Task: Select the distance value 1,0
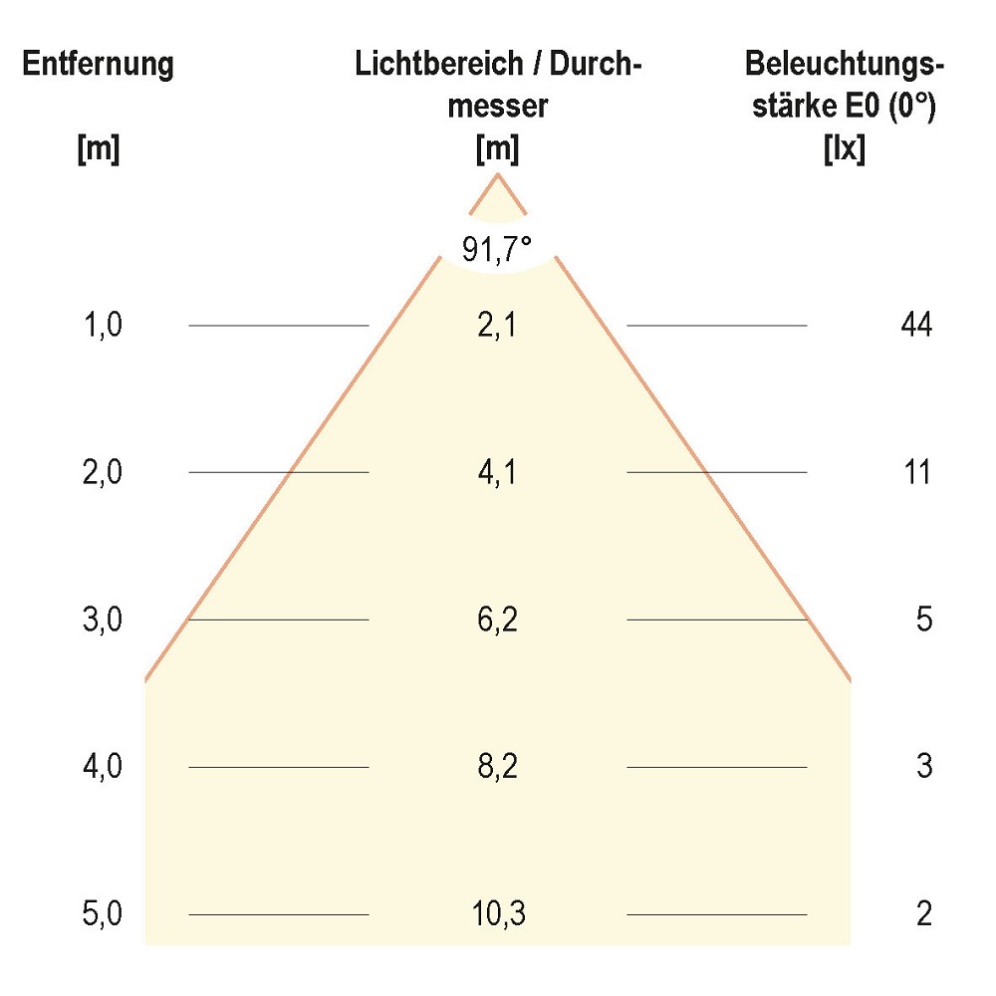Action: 104,325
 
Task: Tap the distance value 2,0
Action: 104,472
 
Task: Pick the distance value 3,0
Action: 104,620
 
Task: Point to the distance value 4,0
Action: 104,767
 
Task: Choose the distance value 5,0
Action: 104,913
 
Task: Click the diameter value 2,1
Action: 497,325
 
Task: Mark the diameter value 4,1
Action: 497,472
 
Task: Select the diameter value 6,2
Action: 497,620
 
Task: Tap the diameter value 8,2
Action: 497,767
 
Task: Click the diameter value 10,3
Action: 497,913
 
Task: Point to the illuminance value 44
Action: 915,325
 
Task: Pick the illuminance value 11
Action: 915,472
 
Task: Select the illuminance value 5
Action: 923,620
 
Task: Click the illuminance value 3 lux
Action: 923,767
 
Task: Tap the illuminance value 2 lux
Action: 923,913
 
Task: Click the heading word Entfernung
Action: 99,66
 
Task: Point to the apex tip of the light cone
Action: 498,176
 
